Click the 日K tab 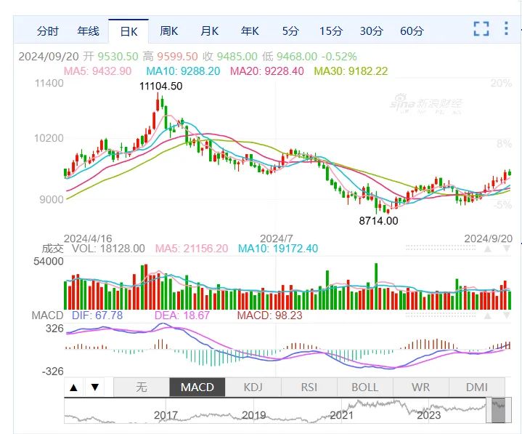(x=129, y=31)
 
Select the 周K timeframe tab (x=168, y=31)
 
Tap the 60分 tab (x=412, y=31)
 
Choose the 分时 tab (x=48, y=31)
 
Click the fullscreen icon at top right (x=481, y=28)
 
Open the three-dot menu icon (x=506, y=28)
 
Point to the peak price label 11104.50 (x=160, y=86)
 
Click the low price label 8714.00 (x=378, y=221)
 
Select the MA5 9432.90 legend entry (x=97, y=71)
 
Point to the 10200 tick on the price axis (x=49, y=138)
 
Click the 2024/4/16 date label (x=88, y=238)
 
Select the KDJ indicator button (x=253, y=387)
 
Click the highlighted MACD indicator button (x=197, y=387)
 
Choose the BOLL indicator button (x=365, y=387)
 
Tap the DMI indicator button (x=477, y=387)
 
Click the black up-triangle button (x=74, y=387)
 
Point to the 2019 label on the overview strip (x=253, y=415)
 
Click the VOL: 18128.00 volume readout (x=108, y=249)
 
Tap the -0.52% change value (x=339, y=56)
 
